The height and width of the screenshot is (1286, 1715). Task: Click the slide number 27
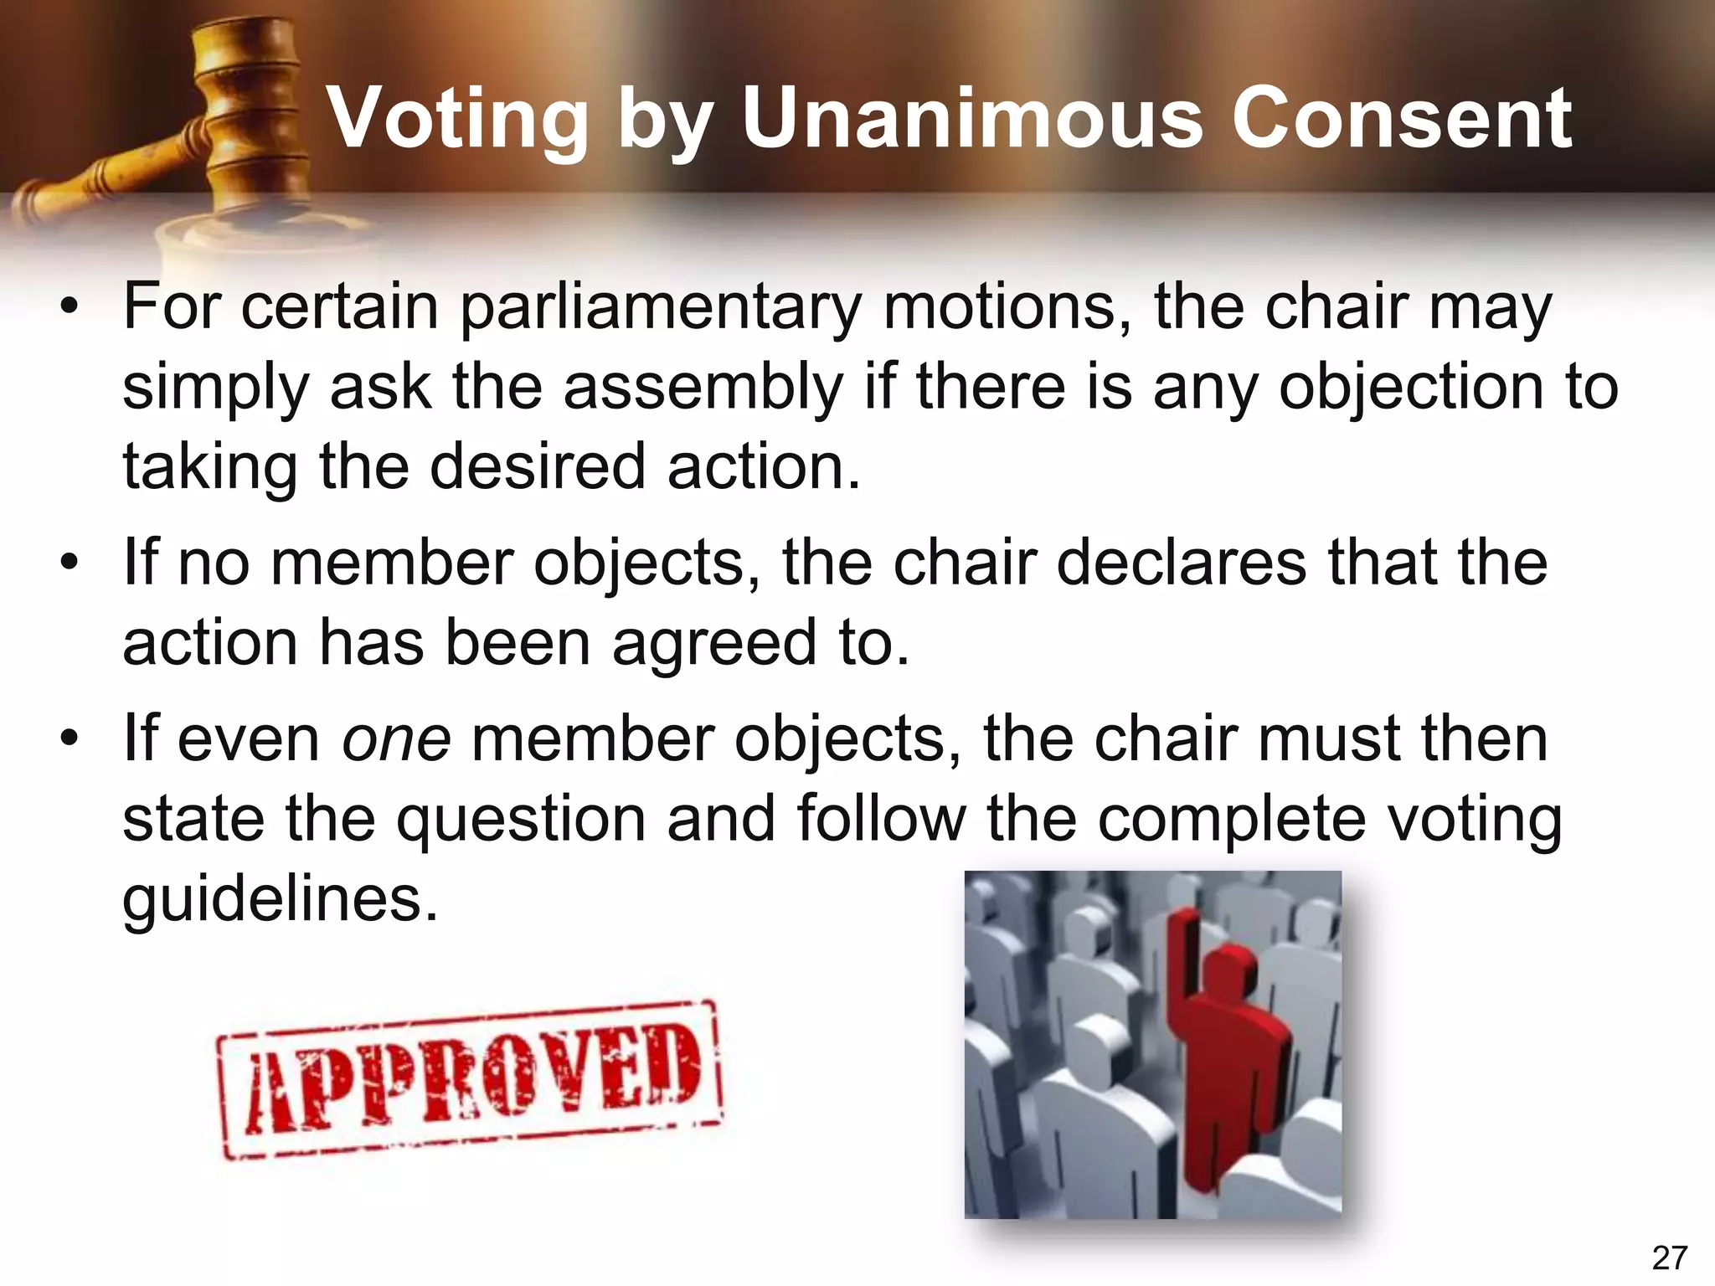click(1669, 1258)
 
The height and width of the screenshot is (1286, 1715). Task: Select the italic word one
click(396, 740)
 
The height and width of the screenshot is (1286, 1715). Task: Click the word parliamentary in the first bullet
click(662, 308)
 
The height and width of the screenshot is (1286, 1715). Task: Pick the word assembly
click(703, 388)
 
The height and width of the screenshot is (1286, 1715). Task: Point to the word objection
click(1410, 388)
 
